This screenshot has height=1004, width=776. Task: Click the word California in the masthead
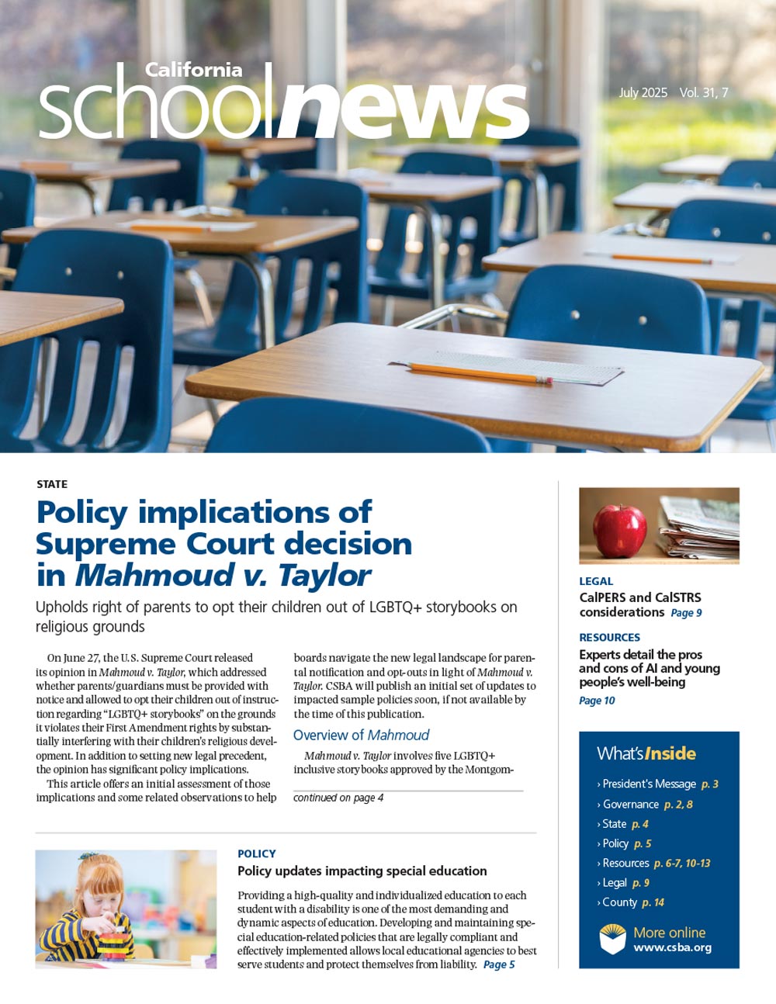[193, 70]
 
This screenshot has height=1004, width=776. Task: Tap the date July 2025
[643, 93]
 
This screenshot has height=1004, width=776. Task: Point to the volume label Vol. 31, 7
[704, 93]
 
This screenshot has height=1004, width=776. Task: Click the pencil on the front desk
[481, 373]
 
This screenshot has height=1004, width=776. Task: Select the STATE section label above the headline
[52, 484]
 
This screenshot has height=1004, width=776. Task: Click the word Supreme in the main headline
[98, 544]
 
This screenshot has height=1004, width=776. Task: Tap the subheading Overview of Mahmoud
[361, 735]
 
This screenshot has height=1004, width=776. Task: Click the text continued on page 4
[338, 798]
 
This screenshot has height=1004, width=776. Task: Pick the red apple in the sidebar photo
[618, 531]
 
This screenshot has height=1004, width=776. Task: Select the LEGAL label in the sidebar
[596, 581]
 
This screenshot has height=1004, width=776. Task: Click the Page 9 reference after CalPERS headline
[686, 613]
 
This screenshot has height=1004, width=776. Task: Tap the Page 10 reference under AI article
[597, 701]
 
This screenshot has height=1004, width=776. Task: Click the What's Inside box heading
[646, 753]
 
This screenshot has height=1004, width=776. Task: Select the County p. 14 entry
[634, 902]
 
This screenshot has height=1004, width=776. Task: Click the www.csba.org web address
[672, 947]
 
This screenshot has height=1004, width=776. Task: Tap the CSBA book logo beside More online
[612, 939]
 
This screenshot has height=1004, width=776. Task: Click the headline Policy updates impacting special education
[362, 871]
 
